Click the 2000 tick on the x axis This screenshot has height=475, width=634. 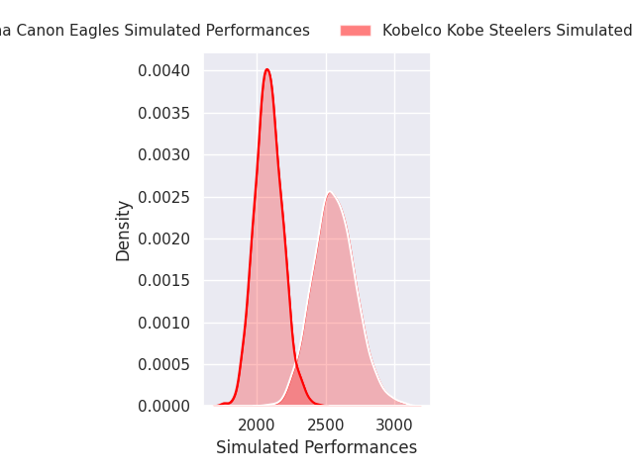tap(257, 426)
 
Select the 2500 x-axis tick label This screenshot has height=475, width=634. tap(326, 426)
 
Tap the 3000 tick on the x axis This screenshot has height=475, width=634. tap(394, 426)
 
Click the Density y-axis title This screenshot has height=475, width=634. tap(124, 231)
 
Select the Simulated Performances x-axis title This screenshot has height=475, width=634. tap(316, 447)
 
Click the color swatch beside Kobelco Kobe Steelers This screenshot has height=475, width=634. tap(356, 31)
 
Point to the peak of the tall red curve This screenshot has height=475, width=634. tap(266, 69)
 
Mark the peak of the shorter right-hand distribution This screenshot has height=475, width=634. tap(329, 192)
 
